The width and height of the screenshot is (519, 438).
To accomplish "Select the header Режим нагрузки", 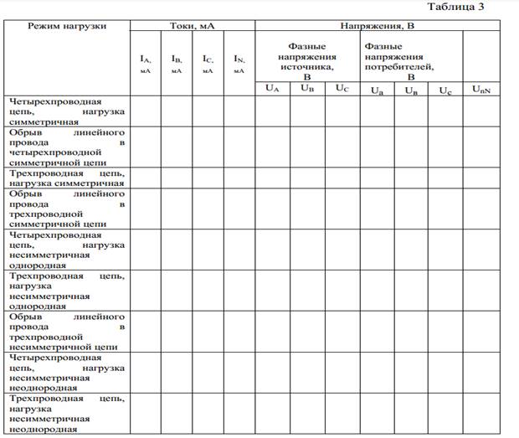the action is tap(67, 26).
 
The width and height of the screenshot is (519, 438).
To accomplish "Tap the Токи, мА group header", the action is tap(192, 26).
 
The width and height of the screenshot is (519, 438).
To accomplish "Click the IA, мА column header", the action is tap(145, 64).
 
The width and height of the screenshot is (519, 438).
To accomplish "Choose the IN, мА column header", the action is tap(239, 64).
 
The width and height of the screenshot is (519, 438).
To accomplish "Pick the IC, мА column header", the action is tap(208, 64).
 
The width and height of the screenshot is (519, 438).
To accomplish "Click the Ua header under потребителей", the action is tap(377, 90).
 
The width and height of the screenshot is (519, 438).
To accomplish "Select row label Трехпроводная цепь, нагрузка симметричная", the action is tap(67, 178).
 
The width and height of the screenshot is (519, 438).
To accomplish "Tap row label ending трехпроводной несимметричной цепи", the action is tap(67, 331).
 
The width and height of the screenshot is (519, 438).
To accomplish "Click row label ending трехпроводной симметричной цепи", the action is tap(67, 209).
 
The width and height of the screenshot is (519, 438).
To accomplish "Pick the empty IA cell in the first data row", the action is tap(145, 111).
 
